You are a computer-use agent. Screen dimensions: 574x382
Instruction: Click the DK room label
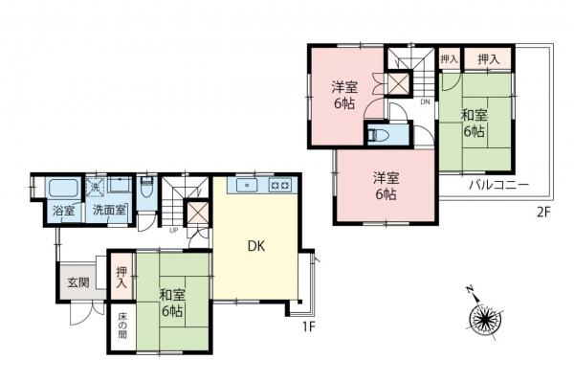tap(256, 246)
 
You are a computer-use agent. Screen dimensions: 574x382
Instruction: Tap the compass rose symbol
tap(484, 318)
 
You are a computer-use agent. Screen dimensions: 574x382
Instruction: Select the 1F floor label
tap(308, 327)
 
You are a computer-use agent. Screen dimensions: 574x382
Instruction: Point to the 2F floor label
tap(543, 213)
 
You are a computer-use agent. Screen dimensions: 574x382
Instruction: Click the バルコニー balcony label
tap(499, 185)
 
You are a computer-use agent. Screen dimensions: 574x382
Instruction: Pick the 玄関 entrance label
tap(78, 282)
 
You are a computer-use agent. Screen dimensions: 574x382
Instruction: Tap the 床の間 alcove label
tap(122, 326)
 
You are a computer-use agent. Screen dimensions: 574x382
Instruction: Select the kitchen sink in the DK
tap(247, 186)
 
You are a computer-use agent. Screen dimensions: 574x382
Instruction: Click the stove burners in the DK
tap(280, 186)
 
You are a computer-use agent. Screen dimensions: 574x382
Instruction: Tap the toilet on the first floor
tap(146, 188)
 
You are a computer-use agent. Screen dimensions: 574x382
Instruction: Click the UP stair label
tap(173, 231)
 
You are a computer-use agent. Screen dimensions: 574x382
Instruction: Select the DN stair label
tap(425, 101)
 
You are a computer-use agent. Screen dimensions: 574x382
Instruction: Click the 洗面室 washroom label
tap(109, 211)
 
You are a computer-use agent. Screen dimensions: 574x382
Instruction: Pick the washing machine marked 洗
tap(95, 188)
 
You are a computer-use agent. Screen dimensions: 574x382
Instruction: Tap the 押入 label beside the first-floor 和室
tap(121, 277)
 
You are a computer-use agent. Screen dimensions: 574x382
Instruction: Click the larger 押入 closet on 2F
tap(488, 58)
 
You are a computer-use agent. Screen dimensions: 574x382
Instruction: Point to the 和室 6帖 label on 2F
tap(474, 124)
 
